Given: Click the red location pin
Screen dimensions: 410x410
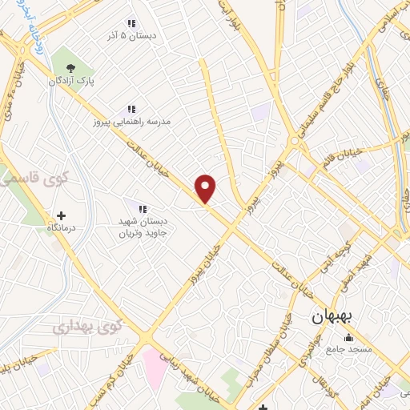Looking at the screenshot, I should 206,189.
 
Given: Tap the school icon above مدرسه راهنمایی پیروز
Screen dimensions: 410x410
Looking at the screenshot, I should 130,110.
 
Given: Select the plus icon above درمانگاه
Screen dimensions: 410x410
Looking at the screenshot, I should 61,215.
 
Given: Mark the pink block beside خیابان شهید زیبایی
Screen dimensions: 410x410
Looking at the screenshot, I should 153,368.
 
